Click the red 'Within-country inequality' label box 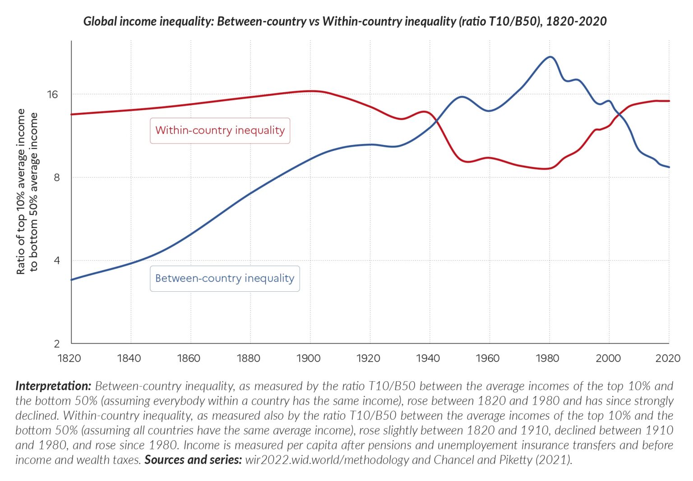coord(220,131)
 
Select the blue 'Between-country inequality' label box coord(225,279)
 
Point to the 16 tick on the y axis coord(53,94)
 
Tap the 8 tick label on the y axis coord(56,177)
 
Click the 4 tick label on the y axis coord(56,261)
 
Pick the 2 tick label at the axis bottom coord(56,344)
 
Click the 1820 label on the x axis coord(69,359)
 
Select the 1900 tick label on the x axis coord(309,359)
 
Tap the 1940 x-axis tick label coord(428,359)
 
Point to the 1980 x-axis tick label coord(547,359)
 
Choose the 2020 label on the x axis coord(668,359)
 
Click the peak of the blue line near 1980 coord(550,57)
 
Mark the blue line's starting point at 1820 coord(72,280)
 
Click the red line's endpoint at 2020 coord(669,101)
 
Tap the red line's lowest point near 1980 coord(547,169)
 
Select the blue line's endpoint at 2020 coord(669,167)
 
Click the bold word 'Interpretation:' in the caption coord(53,386)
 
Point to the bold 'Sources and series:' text coord(193,460)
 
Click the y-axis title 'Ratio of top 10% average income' coord(21,191)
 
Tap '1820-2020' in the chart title coord(576,21)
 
